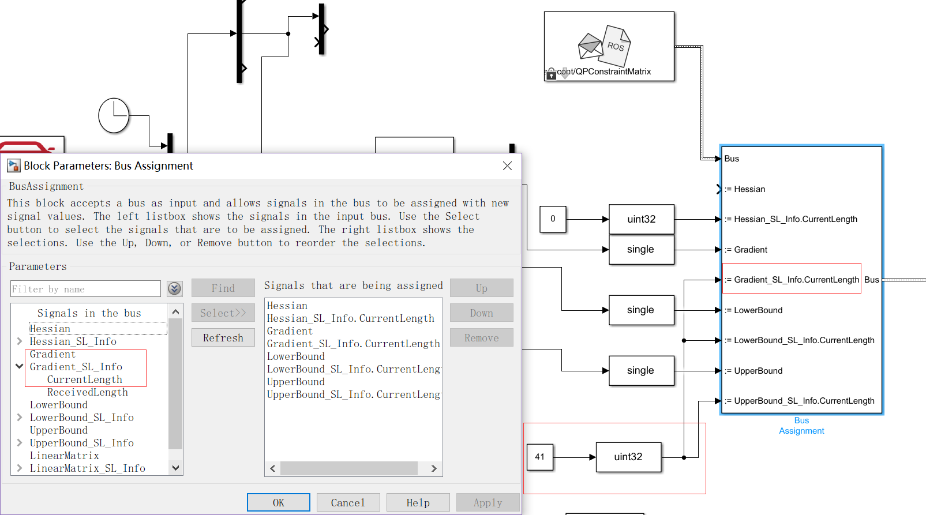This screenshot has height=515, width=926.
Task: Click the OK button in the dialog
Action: coord(278,502)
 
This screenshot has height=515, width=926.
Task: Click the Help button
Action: coord(418,502)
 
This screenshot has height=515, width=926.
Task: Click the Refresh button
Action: coord(223,338)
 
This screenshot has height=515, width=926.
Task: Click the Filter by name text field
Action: coord(85,289)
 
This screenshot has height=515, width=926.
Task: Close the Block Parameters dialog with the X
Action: coord(507,166)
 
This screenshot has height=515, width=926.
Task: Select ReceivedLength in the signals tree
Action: coord(87,392)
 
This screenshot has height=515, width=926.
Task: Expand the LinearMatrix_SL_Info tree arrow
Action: coord(20,468)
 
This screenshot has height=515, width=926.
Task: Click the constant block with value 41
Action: coord(539,457)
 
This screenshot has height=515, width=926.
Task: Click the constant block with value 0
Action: coord(553,219)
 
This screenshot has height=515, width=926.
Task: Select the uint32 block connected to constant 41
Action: coord(628,457)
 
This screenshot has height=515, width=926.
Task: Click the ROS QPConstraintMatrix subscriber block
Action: coord(609,46)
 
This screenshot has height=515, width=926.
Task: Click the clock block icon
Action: coord(114,115)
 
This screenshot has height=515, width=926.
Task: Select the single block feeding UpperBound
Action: coord(641,370)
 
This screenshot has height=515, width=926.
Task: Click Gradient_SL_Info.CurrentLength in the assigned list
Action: coord(353,344)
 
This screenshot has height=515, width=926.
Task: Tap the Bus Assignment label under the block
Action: coord(801,426)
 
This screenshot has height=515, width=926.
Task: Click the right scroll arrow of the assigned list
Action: coord(434,468)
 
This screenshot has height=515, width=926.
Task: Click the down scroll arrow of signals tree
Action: coord(176,468)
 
